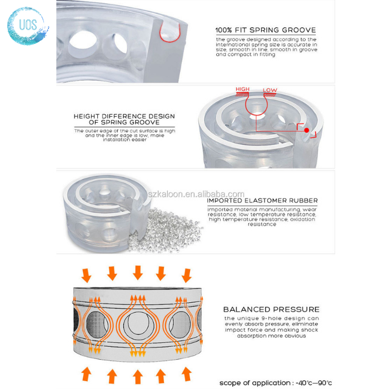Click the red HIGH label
coord(242,89)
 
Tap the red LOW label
coord(270,90)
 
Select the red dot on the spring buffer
coord(307,130)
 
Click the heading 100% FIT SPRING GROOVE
coord(266,30)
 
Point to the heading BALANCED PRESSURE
coord(271,310)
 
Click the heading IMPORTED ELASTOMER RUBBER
coord(262,201)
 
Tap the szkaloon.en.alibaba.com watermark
coord(196,194)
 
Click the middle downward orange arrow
coord(138,272)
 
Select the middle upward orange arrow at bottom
coord(138,376)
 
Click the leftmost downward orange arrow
coord(86,276)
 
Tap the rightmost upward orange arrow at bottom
coord(187,374)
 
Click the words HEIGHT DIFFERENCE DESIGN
coord(124,116)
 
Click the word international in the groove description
coord(232,44)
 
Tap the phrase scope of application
coord(255,383)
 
